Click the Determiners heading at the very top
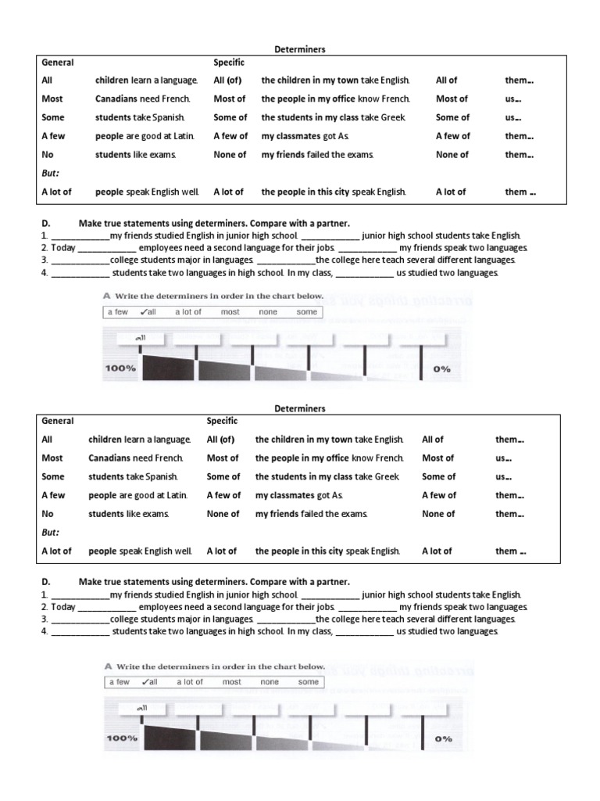[300, 48]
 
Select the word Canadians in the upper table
[119, 99]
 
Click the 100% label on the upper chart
[121, 368]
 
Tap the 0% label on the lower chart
[443, 738]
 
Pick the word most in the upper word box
[230, 312]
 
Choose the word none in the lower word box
[270, 681]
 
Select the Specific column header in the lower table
[223, 421]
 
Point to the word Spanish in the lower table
[166, 476]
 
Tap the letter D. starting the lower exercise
[45, 582]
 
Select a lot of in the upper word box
[187, 312]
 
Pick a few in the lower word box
[119, 681]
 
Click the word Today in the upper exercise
[63, 247]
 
